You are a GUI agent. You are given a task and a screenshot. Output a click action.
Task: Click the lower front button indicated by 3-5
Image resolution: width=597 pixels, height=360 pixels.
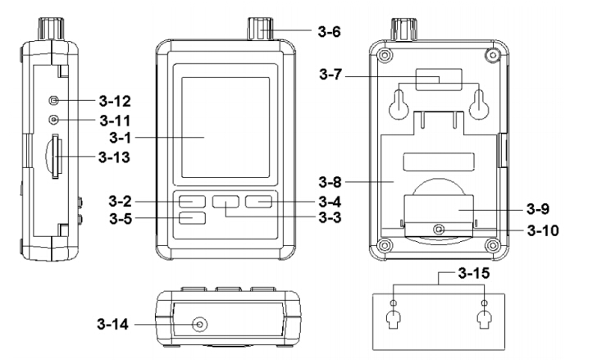pos(191,219)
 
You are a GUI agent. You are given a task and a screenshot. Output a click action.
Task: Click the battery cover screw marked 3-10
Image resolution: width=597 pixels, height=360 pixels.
pos(440,230)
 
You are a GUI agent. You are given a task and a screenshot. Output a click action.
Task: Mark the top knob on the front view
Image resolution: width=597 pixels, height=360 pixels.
pos(255,30)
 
